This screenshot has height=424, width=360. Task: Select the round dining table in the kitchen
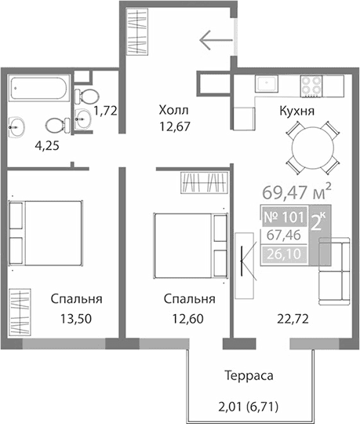pos(313,147)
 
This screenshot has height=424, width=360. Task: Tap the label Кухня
pos(296,111)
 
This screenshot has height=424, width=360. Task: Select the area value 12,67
pos(174,126)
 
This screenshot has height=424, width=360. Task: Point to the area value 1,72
pos(105,111)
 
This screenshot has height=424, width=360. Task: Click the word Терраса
pos(247,376)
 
